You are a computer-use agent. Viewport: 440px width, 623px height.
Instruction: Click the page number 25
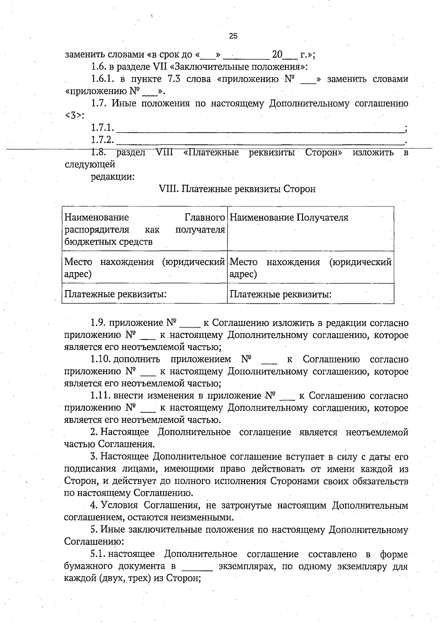[233, 36]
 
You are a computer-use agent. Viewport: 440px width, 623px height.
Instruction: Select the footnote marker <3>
[74, 115]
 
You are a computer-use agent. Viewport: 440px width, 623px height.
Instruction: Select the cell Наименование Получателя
[289, 217]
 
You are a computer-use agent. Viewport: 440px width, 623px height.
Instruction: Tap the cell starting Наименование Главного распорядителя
[144, 229]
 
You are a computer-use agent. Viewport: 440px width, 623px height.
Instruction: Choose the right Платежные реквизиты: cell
[280, 294]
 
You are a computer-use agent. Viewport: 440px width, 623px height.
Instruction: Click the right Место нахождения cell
[310, 268]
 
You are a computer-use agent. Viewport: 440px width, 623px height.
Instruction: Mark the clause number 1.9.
[98, 323]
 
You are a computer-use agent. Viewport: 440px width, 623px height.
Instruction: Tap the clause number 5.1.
[98, 554]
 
